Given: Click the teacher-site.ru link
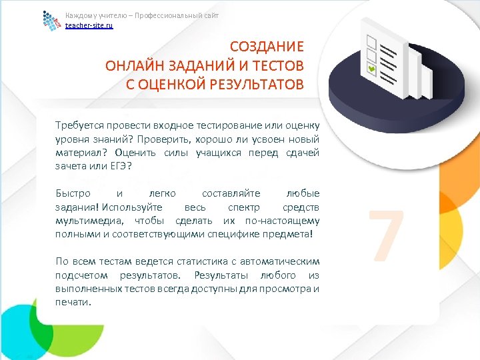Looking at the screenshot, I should pos(89,25).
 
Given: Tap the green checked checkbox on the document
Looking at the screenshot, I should pos(371,69).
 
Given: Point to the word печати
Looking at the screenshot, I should pos(73,302).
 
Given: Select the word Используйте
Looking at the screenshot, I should pos(137,207).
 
